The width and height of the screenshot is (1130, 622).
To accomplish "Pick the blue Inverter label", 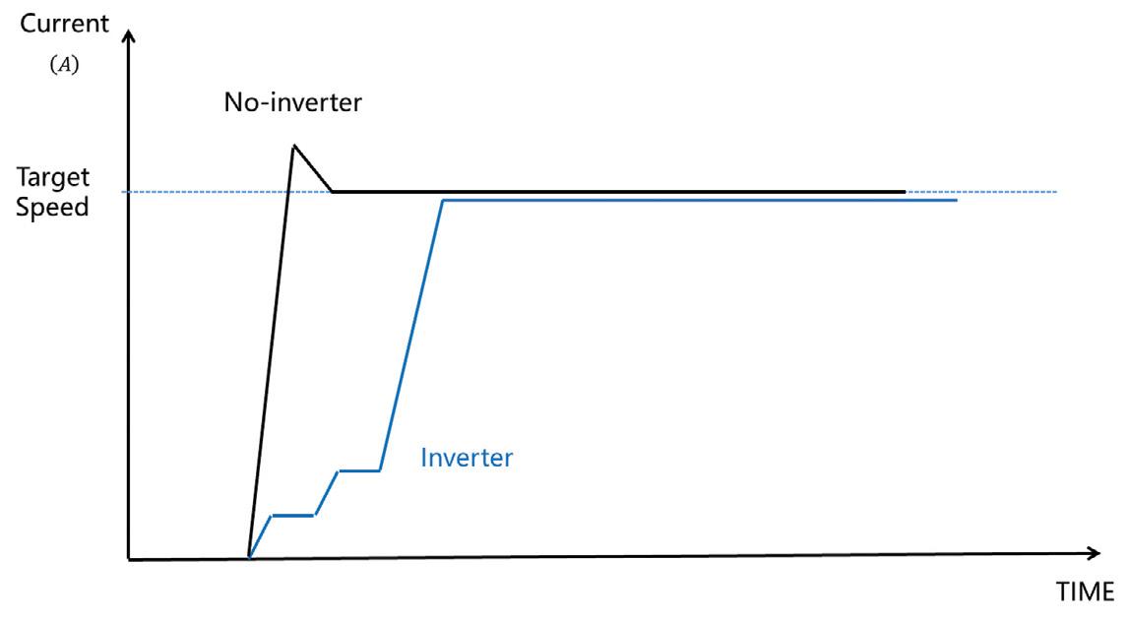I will point(467,458).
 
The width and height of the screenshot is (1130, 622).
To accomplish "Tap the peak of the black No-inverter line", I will point(293,146).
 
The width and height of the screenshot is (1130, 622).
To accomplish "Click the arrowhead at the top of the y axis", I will point(127,36).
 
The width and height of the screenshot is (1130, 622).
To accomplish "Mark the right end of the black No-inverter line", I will point(904,192).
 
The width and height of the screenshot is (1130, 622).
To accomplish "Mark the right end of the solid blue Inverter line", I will point(956,201).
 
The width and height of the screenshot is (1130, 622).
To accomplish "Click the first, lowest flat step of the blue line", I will point(293,515).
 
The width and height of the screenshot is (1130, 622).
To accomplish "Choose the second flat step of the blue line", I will point(359,470).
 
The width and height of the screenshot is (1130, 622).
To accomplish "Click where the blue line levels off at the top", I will point(444,201).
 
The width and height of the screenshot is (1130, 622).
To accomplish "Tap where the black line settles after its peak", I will point(333,192).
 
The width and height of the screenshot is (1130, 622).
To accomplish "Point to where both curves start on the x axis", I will point(249,558).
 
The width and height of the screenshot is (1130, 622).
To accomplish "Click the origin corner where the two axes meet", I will point(129,560).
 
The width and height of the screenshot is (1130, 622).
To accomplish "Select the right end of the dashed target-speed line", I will point(1056,192).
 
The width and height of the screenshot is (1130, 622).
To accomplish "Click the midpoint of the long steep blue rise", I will point(411,336).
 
